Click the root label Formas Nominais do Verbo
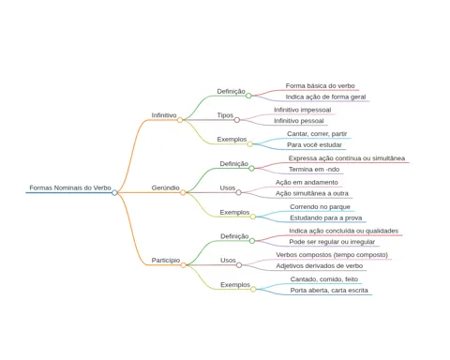70,187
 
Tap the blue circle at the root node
114,192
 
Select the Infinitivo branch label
164,115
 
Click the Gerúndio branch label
166,187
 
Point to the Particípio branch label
166,261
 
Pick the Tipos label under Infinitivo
225,115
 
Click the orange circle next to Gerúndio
183,192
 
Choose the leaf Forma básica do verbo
321,85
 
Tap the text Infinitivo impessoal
303,110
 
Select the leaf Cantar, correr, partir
317,134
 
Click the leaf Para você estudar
314,145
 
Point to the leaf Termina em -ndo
314,170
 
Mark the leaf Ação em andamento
307,182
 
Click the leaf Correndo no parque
320,207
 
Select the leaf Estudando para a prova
326,217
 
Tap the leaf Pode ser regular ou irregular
332,242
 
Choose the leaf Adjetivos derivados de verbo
320,266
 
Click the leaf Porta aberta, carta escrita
329,291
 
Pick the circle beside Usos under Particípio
239,265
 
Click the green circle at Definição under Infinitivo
248,96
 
